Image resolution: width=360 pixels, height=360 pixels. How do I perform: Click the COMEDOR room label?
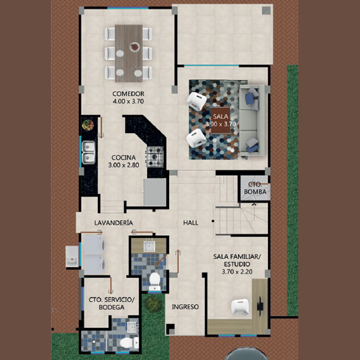(x=128, y=94)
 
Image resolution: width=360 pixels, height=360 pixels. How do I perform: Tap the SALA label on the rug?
(x=220, y=116)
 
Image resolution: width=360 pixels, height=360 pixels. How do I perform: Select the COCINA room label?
(x=124, y=157)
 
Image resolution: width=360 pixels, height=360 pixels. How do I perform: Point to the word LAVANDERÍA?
(x=113, y=223)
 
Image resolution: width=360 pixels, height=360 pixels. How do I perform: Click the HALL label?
(x=191, y=223)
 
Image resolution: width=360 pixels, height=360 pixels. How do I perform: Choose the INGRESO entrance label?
(x=185, y=307)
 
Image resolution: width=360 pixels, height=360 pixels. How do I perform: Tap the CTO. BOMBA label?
(x=255, y=188)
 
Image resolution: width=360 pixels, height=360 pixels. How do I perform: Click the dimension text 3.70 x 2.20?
(x=237, y=272)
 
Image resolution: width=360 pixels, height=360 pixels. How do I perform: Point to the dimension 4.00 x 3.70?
(x=128, y=101)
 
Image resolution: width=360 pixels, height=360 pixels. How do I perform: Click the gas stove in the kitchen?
(x=155, y=157)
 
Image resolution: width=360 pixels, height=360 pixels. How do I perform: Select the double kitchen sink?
(x=89, y=152)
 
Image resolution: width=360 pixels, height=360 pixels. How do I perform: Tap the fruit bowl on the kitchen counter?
(x=88, y=125)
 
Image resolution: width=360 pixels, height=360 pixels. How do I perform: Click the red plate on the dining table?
(x=134, y=47)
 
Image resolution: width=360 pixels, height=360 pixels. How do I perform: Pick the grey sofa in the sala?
(x=252, y=121)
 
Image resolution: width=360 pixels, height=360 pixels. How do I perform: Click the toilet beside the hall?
(x=155, y=281)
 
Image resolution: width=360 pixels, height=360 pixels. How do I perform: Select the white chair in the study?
(x=240, y=307)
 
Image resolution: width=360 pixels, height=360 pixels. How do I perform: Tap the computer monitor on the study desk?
(x=260, y=306)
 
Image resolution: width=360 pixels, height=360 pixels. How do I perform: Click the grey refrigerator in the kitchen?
(x=155, y=192)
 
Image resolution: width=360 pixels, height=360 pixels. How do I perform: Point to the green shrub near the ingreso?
(x=153, y=304)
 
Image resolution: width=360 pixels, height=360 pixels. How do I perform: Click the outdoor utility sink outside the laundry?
(x=72, y=256)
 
